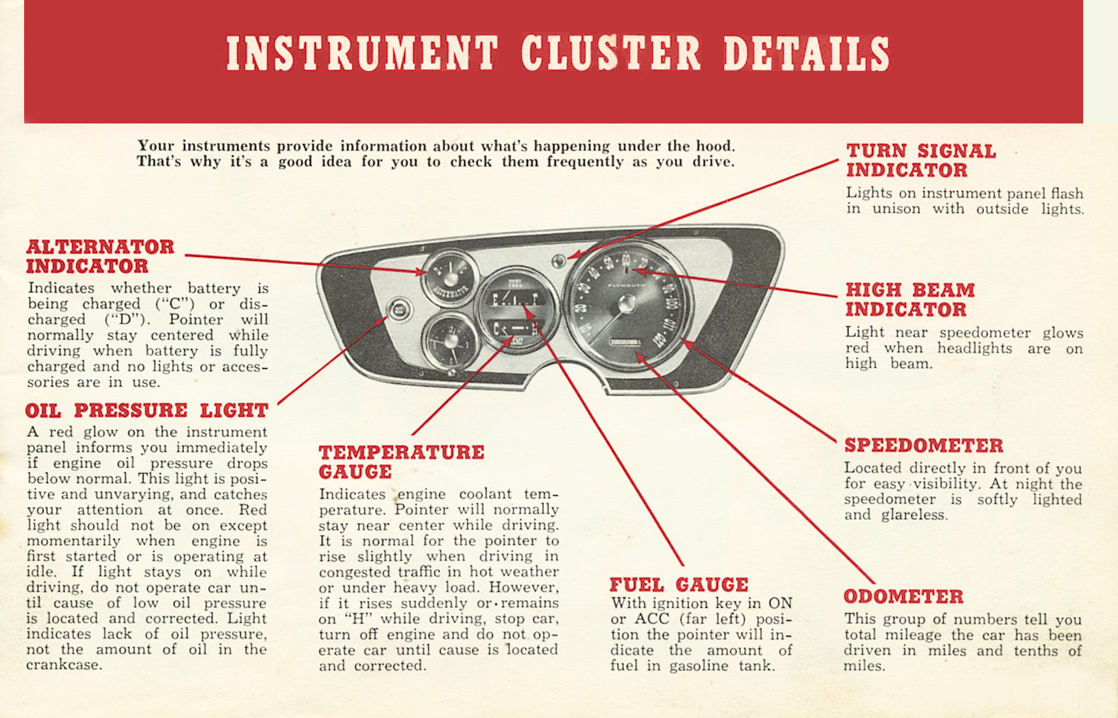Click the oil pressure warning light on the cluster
click(400, 309)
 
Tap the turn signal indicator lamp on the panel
click(559, 260)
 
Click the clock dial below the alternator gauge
click(449, 339)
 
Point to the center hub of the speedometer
click(627, 304)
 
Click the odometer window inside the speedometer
click(627, 343)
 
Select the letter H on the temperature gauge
click(533, 328)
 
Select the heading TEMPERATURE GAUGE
click(401, 462)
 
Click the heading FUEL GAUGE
click(679, 585)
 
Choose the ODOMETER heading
click(903, 596)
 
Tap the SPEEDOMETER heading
click(923, 446)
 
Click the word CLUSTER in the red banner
click(610, 54)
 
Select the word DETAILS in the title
click(806, 54)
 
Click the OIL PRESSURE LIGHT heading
click(146, 410)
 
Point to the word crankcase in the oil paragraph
click(64, 665)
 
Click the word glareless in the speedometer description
click(914, 515)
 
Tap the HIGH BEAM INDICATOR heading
click(909, 299)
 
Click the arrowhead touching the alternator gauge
click(422, 272)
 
